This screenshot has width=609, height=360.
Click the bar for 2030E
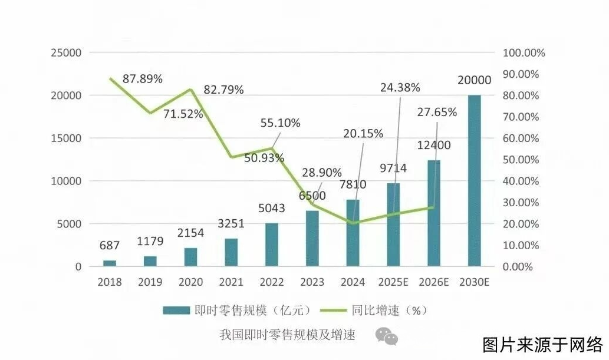click(x=475, y=180)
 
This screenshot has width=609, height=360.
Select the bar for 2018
click(x=110, y=263)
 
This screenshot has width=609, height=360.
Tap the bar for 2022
click(x=272, y=245)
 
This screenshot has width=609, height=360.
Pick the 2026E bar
click(x=434, y=213)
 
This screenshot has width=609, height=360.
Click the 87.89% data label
click(x=143, y=78)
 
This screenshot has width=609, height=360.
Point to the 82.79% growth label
click(x=223, y=90)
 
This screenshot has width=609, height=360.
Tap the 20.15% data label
click(x=363, y=133)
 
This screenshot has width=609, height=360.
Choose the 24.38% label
click(x=400, y=88)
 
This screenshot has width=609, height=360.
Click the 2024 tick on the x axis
click(x=353, y=282)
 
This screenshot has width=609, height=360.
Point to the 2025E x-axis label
click(x=393, y=282)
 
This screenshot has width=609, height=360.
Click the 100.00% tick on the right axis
click(x=524, y=52)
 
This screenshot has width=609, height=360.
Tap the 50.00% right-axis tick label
click(x=521, y=160)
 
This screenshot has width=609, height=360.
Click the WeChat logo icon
click(x=387, y=336)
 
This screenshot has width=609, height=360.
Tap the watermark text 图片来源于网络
click(x=542, y=344)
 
